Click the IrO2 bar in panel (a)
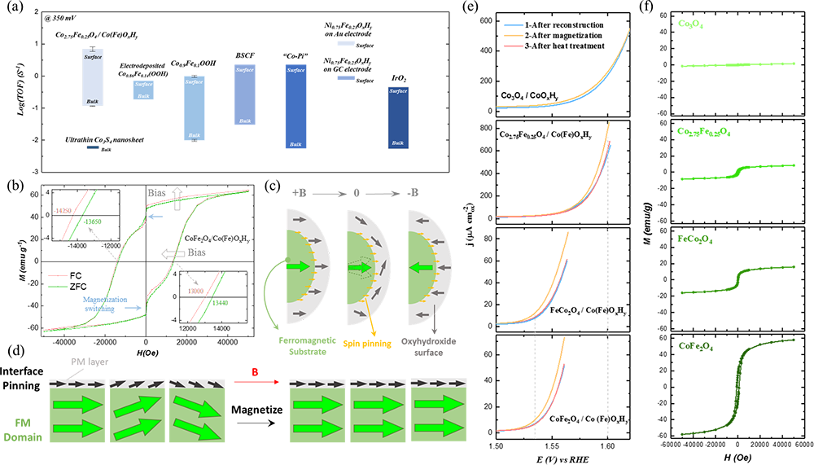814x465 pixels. click(x=398, y=117)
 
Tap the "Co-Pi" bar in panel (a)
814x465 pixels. click(x=295, y=106)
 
